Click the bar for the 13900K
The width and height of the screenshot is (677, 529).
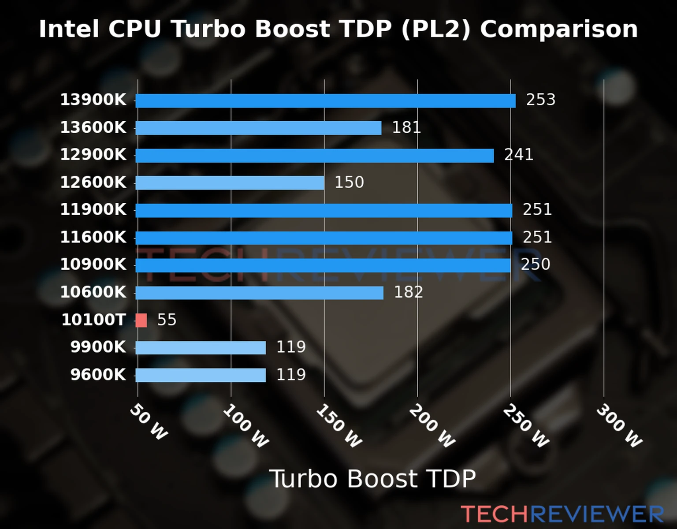pos(325,101)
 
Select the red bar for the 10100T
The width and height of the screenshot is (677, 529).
pos(141,320)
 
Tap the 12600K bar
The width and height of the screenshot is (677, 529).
pos(230,183)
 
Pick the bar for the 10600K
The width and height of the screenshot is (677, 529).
pos(259,293)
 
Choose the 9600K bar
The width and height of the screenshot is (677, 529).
pos(201,375)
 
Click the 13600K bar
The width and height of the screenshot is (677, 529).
pos(258,128)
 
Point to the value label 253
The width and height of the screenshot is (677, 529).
pos(540,100)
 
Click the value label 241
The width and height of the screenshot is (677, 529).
pos(519,155)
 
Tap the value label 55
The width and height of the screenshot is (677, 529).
pos(167,320)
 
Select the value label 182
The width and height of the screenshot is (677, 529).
pos(408,292)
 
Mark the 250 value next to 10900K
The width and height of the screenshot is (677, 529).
pos(536,264)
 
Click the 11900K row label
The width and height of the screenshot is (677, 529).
pos(93,209)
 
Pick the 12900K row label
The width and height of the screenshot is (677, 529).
pos(93,155)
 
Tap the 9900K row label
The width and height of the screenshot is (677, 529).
pos(98,347)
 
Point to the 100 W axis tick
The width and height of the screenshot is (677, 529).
pos(246,426)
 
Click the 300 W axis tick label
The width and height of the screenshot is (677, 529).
pos(619,426)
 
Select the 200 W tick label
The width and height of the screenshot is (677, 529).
pos(432,426)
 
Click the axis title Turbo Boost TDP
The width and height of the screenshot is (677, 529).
pos(372,479)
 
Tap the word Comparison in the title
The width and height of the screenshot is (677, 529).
pos(559,29)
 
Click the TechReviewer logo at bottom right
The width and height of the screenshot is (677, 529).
pos(562,514)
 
